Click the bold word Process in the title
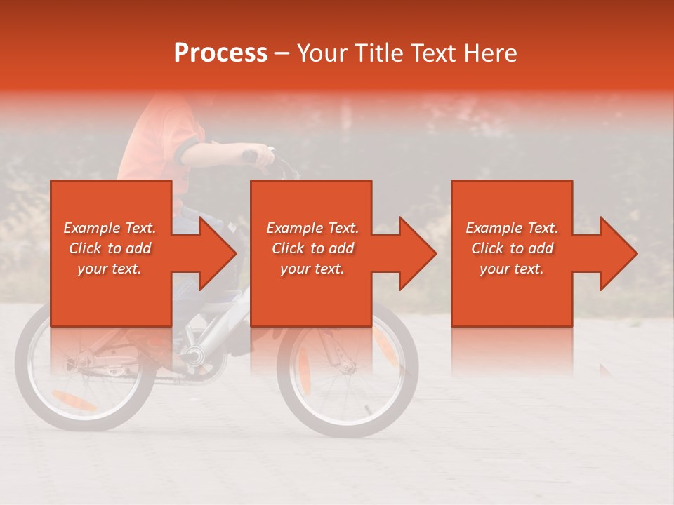(x=220, y=53)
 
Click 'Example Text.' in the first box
(x=110, y=228)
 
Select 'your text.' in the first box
(x=110, y=269)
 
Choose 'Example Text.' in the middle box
(x=312, y=228)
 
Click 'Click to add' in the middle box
(x=312, y=248)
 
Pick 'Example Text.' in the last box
(x=512, y=228)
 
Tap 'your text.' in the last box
(x=512, y=269)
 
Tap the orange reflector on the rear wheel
(x=73, y=401)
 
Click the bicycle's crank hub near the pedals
(x=192, y=355)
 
